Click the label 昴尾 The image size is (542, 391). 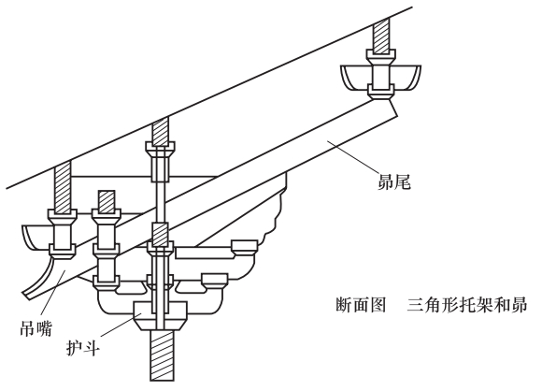click(393, 181)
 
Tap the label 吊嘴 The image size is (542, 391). click(36, 327)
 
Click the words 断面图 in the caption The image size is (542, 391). click(361, 305)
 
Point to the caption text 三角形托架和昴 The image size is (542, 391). click(466, 305)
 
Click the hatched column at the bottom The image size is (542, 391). click(162, 355)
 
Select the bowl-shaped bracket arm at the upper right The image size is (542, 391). click(381, 78)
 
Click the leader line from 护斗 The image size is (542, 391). click(121, 325)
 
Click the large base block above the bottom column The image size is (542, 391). click(161, 315)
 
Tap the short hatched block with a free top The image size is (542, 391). click(107, 201)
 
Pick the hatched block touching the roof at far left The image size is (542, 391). click(63, 185)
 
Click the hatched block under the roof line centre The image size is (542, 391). click(160, 131)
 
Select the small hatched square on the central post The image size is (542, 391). click(160, 234)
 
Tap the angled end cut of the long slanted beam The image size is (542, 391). click(392, 108)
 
